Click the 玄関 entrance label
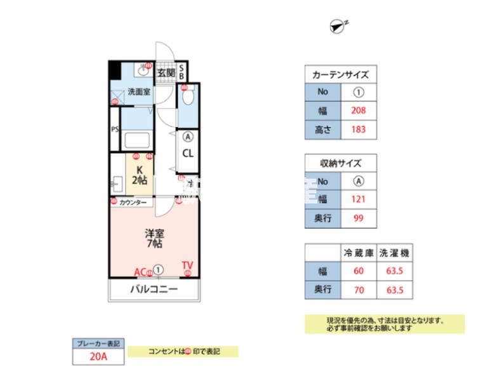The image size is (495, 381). click(166, 72)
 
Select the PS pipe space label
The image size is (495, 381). click(115, 130)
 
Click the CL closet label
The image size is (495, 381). click(188, 153)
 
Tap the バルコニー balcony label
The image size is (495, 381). click(154, 290)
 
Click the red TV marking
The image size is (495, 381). click(187, 265)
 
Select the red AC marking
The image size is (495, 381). click(140, 272)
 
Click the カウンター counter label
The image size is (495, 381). click(133, 203)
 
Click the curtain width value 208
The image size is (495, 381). click(359, 110)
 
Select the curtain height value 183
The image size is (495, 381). click(359, 130)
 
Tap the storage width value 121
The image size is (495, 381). click(359, 199)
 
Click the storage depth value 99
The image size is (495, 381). click(359, 218)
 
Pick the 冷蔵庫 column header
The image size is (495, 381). click(358, 253)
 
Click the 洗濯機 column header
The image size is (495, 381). click(395, 253)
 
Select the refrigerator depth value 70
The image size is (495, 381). click(358, 290)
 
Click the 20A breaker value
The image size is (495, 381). click(98, 357)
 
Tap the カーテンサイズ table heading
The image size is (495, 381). click(341, 74)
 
